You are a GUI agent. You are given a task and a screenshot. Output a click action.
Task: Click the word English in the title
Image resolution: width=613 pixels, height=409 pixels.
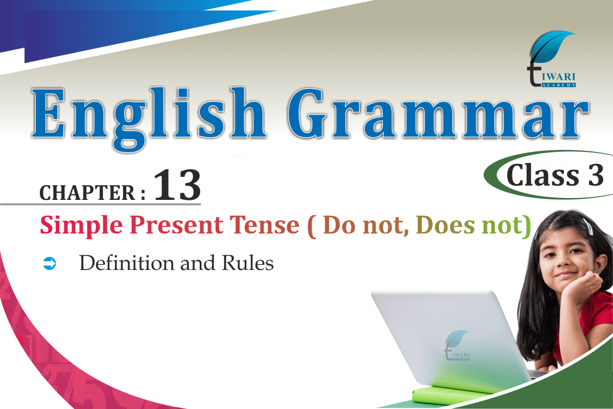pos(149,119)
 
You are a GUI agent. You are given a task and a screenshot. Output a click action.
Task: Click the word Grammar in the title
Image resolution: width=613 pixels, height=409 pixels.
pos(438,113)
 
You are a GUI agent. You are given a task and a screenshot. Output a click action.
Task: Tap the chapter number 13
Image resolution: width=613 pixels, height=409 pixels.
pos(177,185)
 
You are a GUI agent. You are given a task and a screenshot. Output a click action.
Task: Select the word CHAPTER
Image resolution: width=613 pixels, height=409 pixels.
pos(87,193)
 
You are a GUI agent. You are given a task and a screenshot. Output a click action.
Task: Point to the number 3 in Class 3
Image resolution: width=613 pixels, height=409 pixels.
pos(596,175)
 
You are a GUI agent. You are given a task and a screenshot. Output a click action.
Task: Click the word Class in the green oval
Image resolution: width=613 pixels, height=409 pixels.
pos(543,175)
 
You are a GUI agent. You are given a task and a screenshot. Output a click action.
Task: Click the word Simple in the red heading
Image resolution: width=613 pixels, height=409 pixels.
pos(81,226)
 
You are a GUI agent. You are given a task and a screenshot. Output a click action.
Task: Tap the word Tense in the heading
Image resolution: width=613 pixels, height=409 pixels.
pos(265,225)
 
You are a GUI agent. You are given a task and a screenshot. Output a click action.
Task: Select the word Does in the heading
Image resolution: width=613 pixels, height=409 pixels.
pos(445,225)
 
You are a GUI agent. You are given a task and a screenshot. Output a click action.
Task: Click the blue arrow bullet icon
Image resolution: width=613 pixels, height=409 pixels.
pos(50,263)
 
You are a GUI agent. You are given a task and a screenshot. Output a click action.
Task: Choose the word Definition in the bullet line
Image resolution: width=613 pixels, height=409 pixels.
pos(127,263)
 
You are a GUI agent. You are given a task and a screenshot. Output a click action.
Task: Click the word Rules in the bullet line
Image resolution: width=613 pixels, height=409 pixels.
pos(248,263)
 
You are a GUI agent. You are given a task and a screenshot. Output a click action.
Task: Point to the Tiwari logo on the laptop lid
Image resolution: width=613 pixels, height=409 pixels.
pos(457,345)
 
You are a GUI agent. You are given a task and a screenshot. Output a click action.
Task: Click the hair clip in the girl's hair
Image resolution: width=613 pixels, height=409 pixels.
pos(587,226)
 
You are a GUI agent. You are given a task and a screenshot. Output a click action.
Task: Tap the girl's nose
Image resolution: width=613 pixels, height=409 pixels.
pos(564,262)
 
